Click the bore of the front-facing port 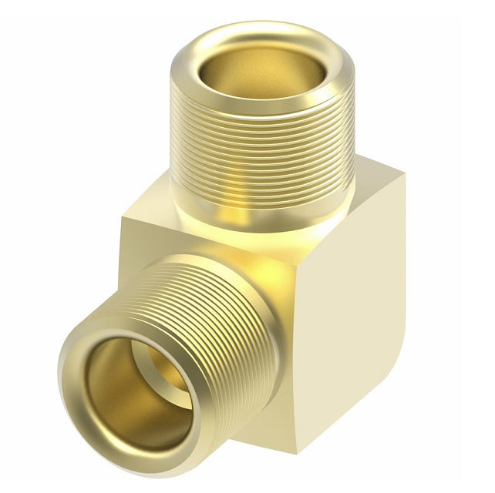coord(135,401)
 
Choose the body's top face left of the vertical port coord(150,223)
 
